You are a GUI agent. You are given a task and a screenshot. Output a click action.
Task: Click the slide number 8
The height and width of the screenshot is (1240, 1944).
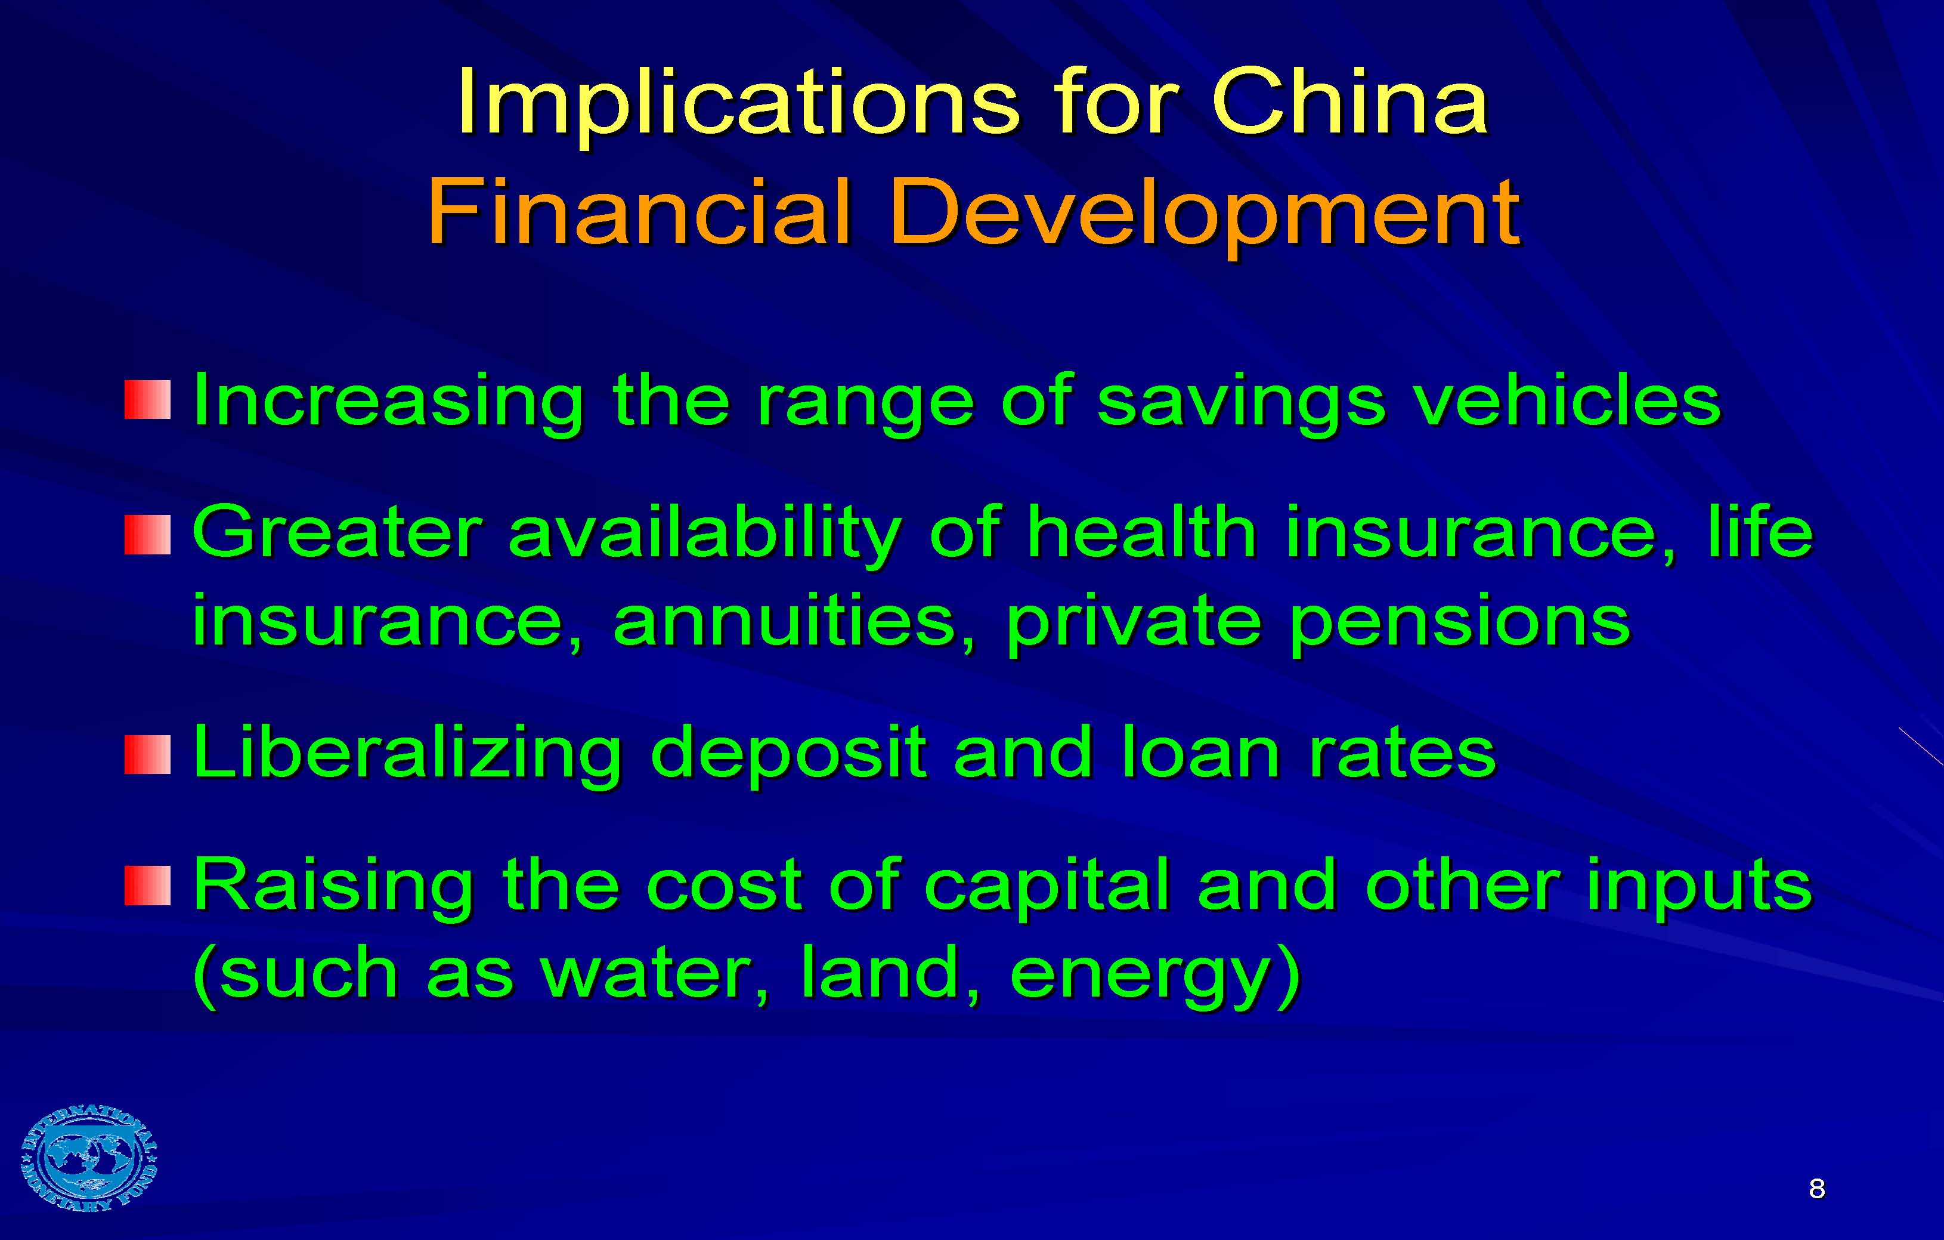pos(1816,1188)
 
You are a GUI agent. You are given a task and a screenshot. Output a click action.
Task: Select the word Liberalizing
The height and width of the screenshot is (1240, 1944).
pos(408,754)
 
